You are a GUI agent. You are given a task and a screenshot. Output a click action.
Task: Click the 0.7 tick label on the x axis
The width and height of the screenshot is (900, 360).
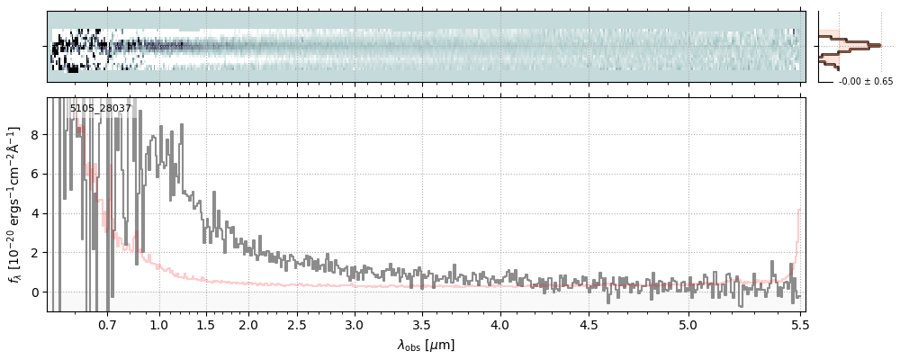pyautogui.click(x=107, y=324)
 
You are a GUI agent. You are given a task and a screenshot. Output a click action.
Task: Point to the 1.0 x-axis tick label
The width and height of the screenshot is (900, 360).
pyautogui.click(x=159, y=324)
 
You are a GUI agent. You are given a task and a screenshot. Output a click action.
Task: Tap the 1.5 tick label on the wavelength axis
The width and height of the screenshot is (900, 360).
pyautogui.click(x=205, y=324)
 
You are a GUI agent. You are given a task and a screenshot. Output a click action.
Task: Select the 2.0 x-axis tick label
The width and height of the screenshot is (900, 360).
pyautogui.click(x=248, y=324)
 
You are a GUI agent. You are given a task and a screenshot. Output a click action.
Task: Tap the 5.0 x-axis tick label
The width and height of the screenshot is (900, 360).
pyautogui.click(x=688, y=324)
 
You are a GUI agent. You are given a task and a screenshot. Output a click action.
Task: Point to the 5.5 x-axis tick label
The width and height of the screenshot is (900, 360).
pyautogui.click(x=796, y=324)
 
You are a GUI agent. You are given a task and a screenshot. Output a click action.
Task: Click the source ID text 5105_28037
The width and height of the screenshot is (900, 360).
pyautogui.click(x=101, y=109)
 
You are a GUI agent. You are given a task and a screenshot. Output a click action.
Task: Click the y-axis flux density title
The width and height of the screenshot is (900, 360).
pyautogui.click(x=15, y=204)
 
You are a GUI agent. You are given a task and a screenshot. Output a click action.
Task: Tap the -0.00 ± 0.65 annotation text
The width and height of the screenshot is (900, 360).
pyautogui.click(x=865, y=82)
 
